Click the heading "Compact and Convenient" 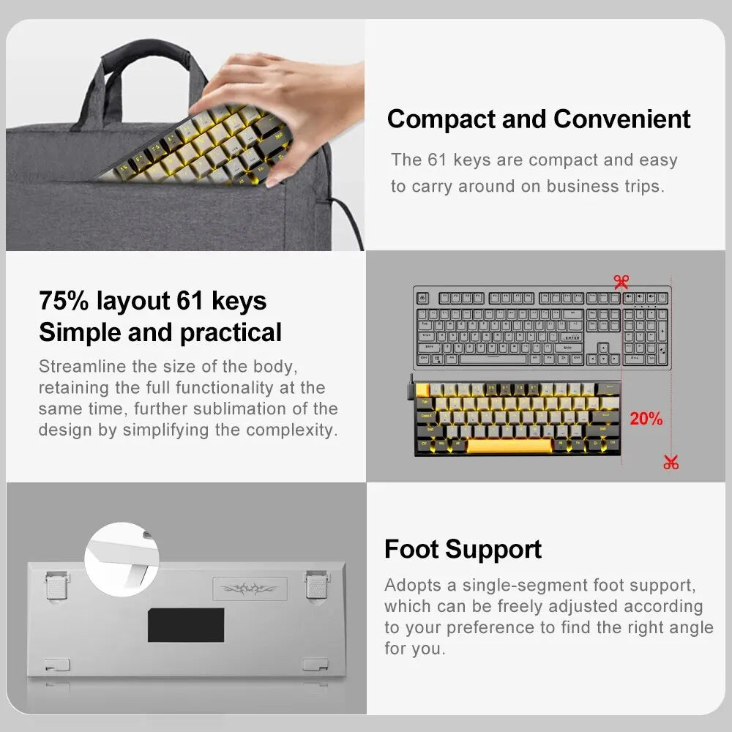(x=539, y=119)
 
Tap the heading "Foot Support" (x=463, y=549)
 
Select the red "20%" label (x=646, y=419)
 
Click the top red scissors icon (x=621, y=281)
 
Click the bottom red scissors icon (x=671, y=462)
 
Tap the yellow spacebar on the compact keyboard (x=509, y=445)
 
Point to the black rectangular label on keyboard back (x=186, y=624)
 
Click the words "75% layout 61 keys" (x=152, y=301)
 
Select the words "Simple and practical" (x=160, y=332)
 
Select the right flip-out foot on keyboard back (x=316, y=585)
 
